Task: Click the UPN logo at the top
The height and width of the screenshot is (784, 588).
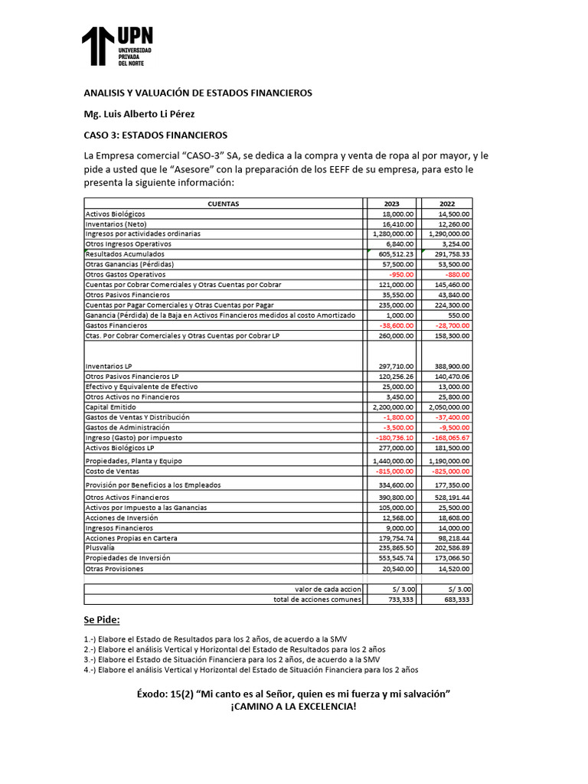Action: coord(118,47)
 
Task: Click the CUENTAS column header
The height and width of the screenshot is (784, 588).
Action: coord(223,204)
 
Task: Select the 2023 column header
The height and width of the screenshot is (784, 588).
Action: coord(391,204)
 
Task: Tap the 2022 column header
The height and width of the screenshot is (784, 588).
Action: coord(447,204)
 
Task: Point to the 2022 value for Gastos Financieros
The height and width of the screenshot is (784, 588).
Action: coord(451,325)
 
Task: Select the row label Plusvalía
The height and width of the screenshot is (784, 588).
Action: coord(100,548)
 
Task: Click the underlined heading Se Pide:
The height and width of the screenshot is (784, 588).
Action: coord(102,619)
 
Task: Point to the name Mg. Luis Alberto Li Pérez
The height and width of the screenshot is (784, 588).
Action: coord(139,114)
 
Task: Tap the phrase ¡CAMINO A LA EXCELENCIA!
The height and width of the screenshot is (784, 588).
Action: coord(293,706)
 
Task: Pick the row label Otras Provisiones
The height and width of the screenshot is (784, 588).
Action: coord(114,569)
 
